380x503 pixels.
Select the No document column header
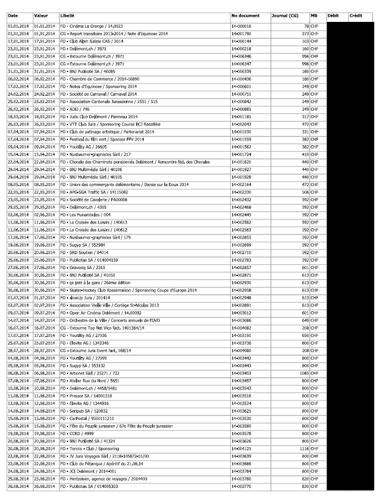point(245,16)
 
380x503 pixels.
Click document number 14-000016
point(242,27)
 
